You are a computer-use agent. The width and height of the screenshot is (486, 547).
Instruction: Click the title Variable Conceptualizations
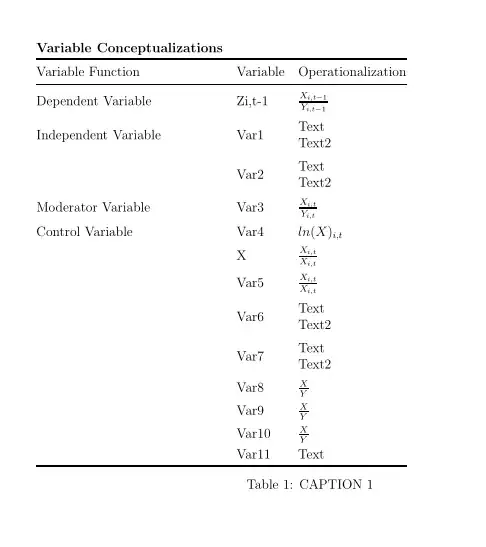point(129,48)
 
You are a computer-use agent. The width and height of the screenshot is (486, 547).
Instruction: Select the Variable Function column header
point(88,72)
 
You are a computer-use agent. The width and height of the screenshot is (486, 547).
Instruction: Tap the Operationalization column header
point(352,72)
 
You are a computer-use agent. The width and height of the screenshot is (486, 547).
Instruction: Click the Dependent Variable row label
point(94,101)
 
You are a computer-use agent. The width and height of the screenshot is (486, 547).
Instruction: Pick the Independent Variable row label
point(98,135)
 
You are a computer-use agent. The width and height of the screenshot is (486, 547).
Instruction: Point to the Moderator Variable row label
point(93,208)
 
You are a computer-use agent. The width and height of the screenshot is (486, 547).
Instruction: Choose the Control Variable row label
point(84,232)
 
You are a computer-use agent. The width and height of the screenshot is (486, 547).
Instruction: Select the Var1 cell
point(250,135)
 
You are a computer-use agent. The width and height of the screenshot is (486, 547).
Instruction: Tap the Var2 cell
point(250,174)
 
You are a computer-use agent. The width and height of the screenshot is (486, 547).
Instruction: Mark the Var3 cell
point(250,208)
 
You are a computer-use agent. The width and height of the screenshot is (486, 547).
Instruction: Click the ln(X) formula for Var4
point(320,233)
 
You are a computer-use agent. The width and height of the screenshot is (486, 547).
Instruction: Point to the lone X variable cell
point(241,256)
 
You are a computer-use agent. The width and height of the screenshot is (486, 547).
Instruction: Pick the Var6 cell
point(250,317)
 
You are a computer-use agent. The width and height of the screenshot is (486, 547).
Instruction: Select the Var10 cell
point(253,434)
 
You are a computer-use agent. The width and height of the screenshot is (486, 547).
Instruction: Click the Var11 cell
point(253,454)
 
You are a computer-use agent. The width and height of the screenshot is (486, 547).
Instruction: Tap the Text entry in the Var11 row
point(311,454)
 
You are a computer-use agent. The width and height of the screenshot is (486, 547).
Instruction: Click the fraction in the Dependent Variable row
point(314,101)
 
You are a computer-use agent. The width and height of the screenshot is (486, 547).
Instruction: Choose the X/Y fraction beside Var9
point(303,410)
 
